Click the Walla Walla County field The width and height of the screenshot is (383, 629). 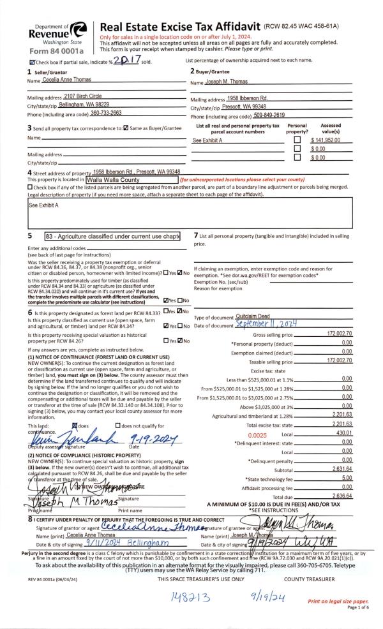pos(122,180)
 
